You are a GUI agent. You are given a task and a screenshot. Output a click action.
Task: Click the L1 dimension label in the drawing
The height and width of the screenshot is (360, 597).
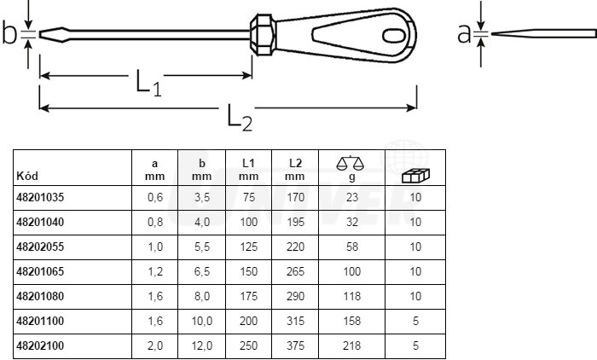(149, 82)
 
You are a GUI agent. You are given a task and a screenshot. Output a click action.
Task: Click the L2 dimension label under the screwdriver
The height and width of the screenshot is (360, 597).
(240, 118)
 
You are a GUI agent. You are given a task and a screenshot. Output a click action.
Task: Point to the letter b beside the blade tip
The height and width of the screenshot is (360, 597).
(9, 32)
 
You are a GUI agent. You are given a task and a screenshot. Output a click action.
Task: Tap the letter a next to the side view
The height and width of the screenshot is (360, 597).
(464, 33)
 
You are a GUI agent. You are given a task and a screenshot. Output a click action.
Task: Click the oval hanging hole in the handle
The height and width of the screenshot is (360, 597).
(394, 36)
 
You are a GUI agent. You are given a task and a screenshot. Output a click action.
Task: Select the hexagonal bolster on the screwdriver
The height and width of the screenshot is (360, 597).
(263, 35)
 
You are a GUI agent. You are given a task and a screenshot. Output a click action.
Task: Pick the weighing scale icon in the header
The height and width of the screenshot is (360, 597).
(351, 163)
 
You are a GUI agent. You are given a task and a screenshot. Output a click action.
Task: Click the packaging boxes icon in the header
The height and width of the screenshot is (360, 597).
(416, 176)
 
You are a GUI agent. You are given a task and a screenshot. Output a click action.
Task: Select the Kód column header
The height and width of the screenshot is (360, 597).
(27, 176)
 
